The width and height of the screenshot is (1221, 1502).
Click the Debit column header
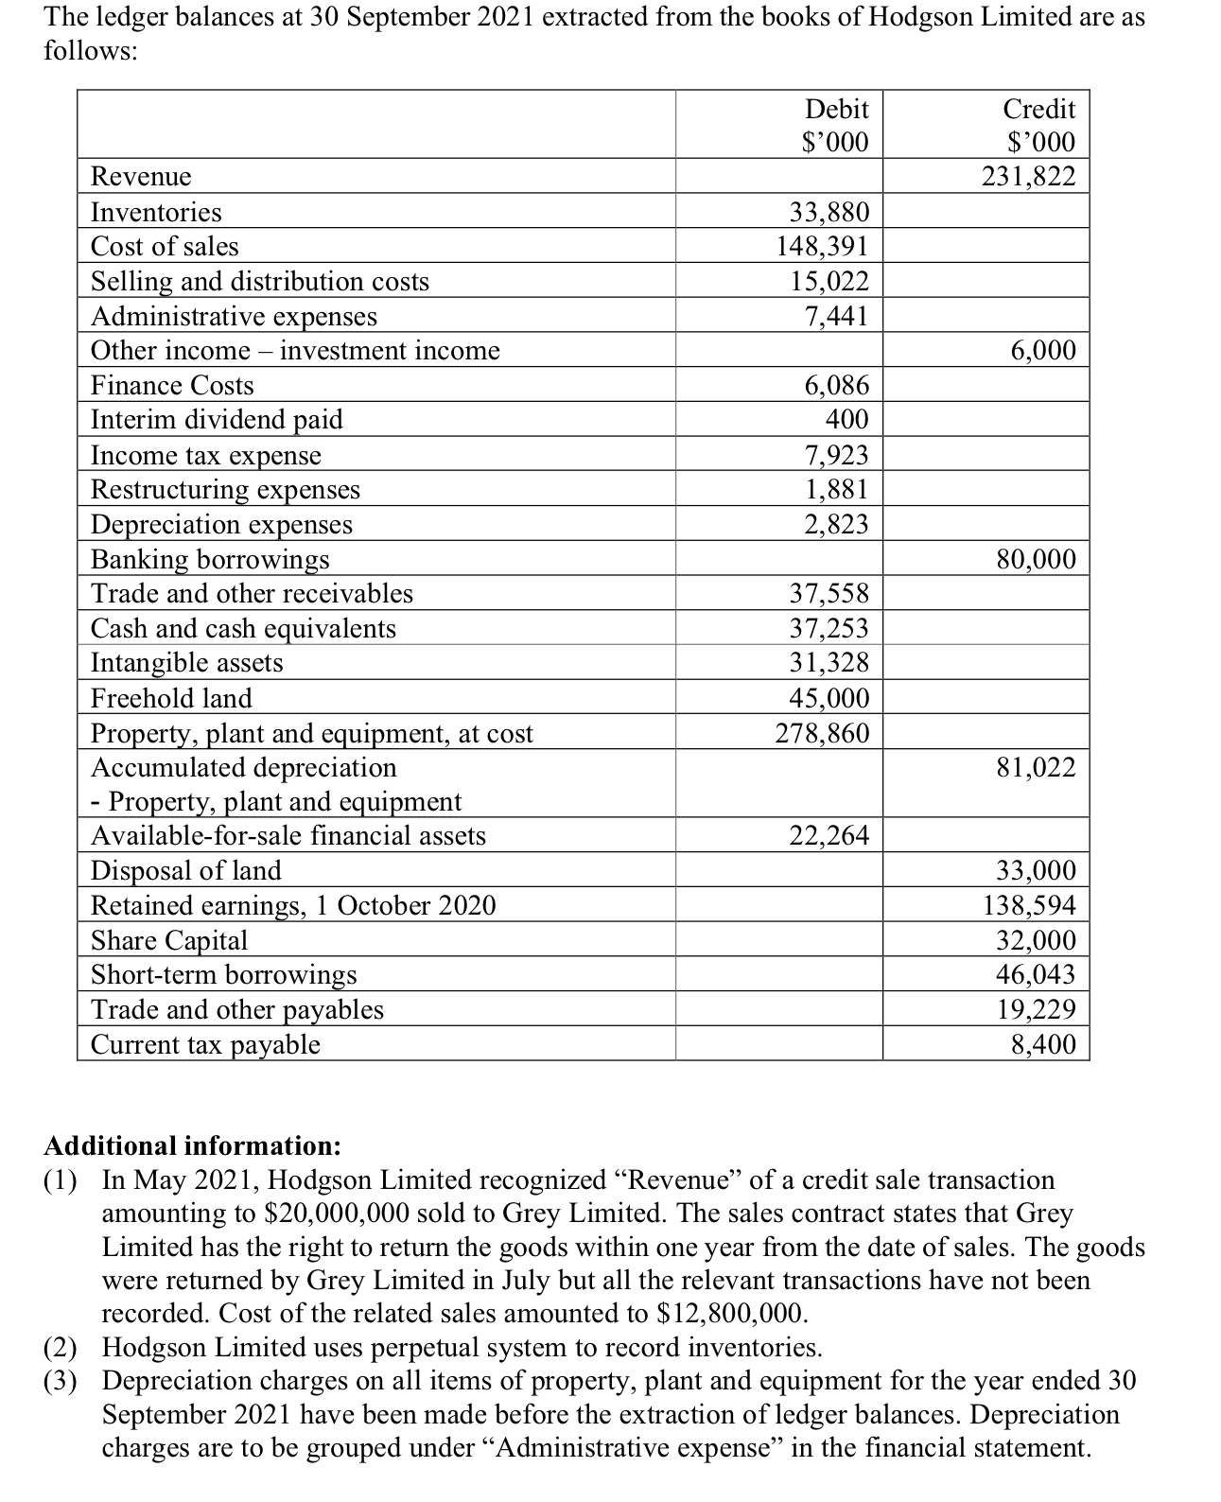pyautogui.click(x=835, y=109)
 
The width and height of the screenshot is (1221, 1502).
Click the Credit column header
pyautogui.click(x=1038, y=109)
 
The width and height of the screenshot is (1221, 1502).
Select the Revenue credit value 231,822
pyautogui.click(x=1028, y=177)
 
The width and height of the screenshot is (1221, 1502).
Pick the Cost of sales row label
pyautogui.click(x=165, y=247)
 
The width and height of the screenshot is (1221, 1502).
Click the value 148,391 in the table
pyautogui.click(x=822, y=247)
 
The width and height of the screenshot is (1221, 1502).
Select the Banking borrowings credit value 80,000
pyautogui.click(x=1036, y=559)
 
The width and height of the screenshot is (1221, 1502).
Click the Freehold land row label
pyautogui.click(x=171, y=698)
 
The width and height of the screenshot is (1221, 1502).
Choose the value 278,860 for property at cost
pyautogui.click(x=822, y=733)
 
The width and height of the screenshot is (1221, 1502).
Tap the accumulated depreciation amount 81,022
pyautogui.click(x=1036, y=767)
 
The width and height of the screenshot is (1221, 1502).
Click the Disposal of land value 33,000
pyautogui.click(x=1036, y=870)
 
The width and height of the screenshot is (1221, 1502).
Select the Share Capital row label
pyautogui.click(x=168, y=940)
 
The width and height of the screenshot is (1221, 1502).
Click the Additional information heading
pyautogui.click(x=192, y=1145)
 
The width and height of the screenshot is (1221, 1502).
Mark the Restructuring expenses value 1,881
pyautogui.click(x=836, y=489)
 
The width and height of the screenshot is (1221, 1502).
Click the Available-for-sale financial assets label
pyautogui.click(x=288, y=836)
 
